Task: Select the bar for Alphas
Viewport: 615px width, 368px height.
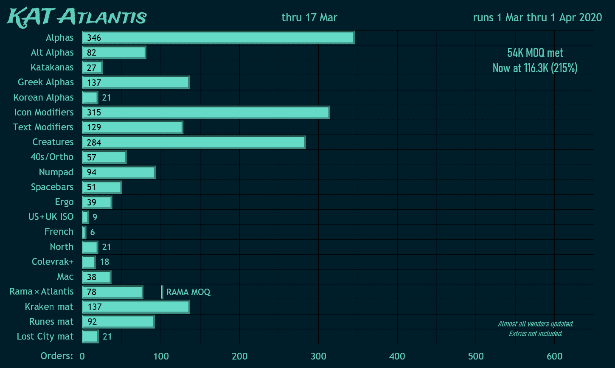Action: [x=218, y=38]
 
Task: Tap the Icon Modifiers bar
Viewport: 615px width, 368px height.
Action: [x=206, y=112]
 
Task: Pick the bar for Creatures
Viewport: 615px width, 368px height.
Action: [x=194, y=142]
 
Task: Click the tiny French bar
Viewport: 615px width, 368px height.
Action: [x=84, y=232]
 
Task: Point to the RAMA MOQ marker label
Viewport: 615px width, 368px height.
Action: [x=188, y=292]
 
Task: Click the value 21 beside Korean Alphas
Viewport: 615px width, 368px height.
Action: [x=107, y=98]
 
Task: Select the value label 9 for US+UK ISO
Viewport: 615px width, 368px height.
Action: [x=95, y=217]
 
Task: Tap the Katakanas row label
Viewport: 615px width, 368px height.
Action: [x=52, y=67]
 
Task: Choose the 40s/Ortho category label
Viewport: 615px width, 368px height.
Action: [x=52, y=157]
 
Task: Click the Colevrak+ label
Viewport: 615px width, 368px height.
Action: [x=53, y=262]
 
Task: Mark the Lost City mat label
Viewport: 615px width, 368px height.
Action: [x=45, y=337]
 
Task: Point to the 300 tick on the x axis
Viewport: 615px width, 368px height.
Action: [x=318, y=356]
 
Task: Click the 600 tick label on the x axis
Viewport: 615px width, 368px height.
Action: [x=554, y=356]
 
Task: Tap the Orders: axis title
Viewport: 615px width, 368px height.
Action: [x=56, y=356]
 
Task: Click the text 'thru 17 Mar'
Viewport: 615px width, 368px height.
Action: [x=309, y=17]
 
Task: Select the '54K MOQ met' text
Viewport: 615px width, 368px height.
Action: [x=535, y=53]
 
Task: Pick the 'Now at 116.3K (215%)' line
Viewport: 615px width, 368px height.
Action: [x=535, y=68]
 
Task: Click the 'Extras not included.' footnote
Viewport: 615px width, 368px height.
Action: [x=536, y=334]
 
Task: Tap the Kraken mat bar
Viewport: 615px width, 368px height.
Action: [x=136, y=307]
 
